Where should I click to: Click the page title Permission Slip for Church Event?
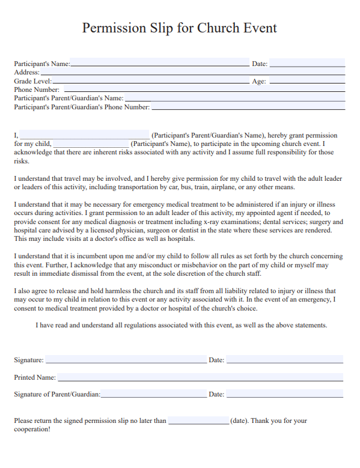pyautogui.click(x=179, y=28)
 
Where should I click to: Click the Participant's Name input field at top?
pyautogui.click(x=159, y=62)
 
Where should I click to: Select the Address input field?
pyautogui.click(x=192, y=71)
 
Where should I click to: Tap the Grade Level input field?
pyautogui.click(x=150, y=81)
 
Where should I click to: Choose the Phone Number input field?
pyautogui.click(x=204, y=89)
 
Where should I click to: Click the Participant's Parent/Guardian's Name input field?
pyautogui.click(x=234, y=98)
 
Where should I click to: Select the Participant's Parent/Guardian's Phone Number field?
pyautogui.click(x=248, y=107)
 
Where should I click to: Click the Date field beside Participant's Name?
pyautogui.click(x=307, y=62)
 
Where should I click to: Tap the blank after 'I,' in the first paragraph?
pyautogui.click(x=85, y=135)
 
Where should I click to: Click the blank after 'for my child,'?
pyautogui.click(x=90, y=144)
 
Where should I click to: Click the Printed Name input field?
pyautogui.click(x=200, y=377)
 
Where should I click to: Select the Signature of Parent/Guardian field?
pyautogui.click(x=153, y=394)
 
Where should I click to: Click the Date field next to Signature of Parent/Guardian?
pyautogui.click(x=284, y=394)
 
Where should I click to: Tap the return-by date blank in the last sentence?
pyautogui.click(x=198, y=421)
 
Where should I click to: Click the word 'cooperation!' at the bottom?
pyautogui.click(x=32, y=430)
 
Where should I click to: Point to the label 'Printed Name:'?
pyautogui.click(x=35, y=377)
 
